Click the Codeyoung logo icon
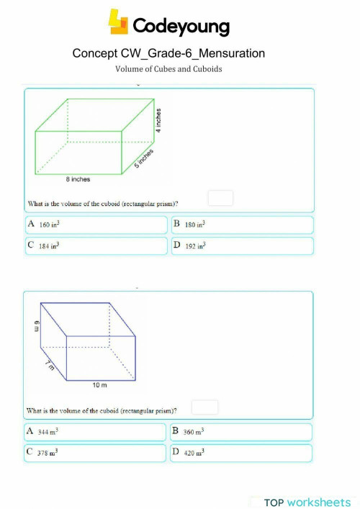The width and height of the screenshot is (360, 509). [x=117, y=22]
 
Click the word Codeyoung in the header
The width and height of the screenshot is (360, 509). [x=180, y=27]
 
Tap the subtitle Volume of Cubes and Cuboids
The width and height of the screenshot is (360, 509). [x=168, y=69]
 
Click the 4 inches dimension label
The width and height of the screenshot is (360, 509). [x=158, y=120]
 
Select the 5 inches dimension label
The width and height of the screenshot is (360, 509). [x=145, y=158]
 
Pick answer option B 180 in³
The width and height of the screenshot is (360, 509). [x=242, y=225]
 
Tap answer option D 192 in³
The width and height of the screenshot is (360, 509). [x=242, y=246]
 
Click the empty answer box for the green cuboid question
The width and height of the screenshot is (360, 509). [x=220, y=198]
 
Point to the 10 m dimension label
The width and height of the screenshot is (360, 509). [x=100, y=386]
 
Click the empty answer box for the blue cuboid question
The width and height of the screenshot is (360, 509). [x=205, y=407]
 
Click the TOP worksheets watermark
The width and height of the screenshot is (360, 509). [x=307, y=502]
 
